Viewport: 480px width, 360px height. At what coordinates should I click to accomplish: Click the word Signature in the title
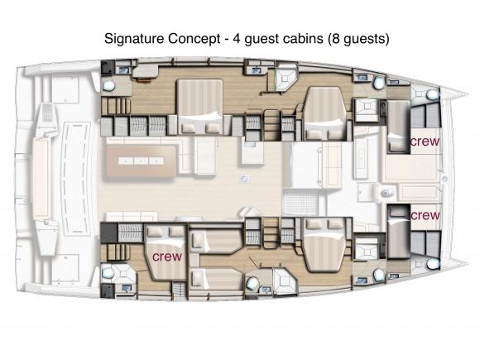coord(132,39)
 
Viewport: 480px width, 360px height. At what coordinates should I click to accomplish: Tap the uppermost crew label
coord(425,142)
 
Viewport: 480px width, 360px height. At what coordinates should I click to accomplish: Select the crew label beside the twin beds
coord(166,257)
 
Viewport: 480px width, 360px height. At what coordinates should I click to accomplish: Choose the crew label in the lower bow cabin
coord(425,215)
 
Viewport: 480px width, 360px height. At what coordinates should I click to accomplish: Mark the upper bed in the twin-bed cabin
coord(216,242)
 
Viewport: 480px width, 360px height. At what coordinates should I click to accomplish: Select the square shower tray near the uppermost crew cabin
coord(365,109)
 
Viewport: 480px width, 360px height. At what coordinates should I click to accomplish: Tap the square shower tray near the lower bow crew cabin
coord(365,247)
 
